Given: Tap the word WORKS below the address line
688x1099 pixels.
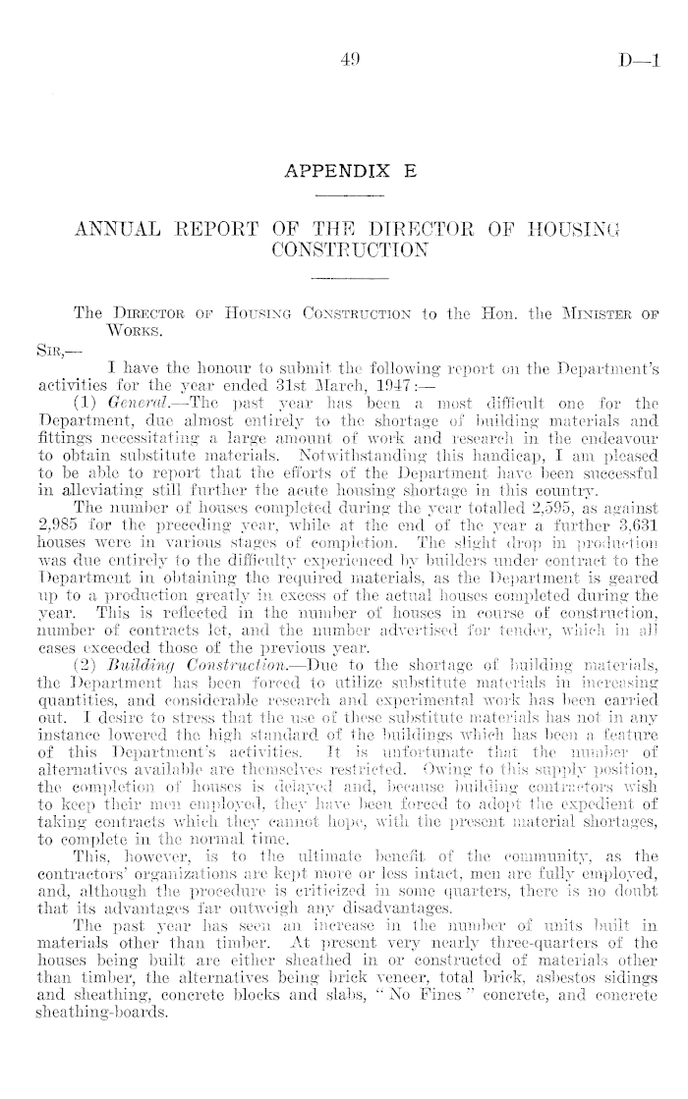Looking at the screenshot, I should pos(131,328).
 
